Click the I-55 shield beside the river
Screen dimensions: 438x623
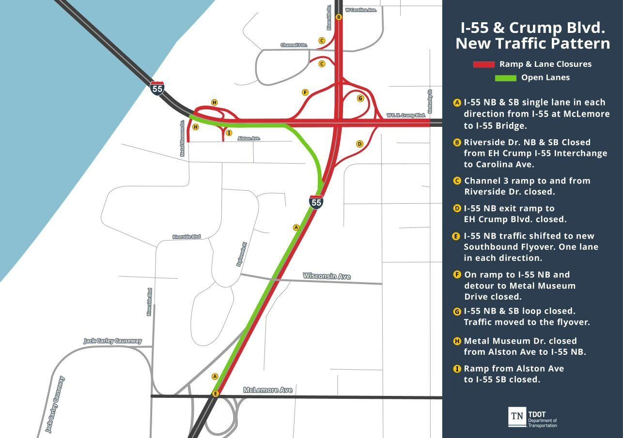click(157, 88)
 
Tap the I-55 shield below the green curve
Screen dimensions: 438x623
click(316, 202)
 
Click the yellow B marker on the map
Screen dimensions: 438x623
click(339, 17)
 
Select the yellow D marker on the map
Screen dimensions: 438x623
click(359, 144)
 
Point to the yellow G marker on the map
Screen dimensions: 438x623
click(360, 98)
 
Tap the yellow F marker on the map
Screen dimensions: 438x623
click(305, 92)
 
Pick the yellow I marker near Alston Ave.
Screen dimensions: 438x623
click(229, 133)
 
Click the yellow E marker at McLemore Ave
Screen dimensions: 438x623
click(216, 393)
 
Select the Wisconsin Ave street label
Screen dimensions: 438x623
click(327, 276)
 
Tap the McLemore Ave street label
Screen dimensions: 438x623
click(267, 390)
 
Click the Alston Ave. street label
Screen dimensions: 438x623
click(249, 138)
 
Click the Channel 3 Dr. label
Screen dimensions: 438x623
click(294, 45)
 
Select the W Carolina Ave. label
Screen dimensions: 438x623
click(360, 10)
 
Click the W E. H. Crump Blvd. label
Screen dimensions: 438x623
click(405, 115)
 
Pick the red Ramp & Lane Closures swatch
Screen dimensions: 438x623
click(483, 64)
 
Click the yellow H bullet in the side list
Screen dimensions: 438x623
click(456, 341)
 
